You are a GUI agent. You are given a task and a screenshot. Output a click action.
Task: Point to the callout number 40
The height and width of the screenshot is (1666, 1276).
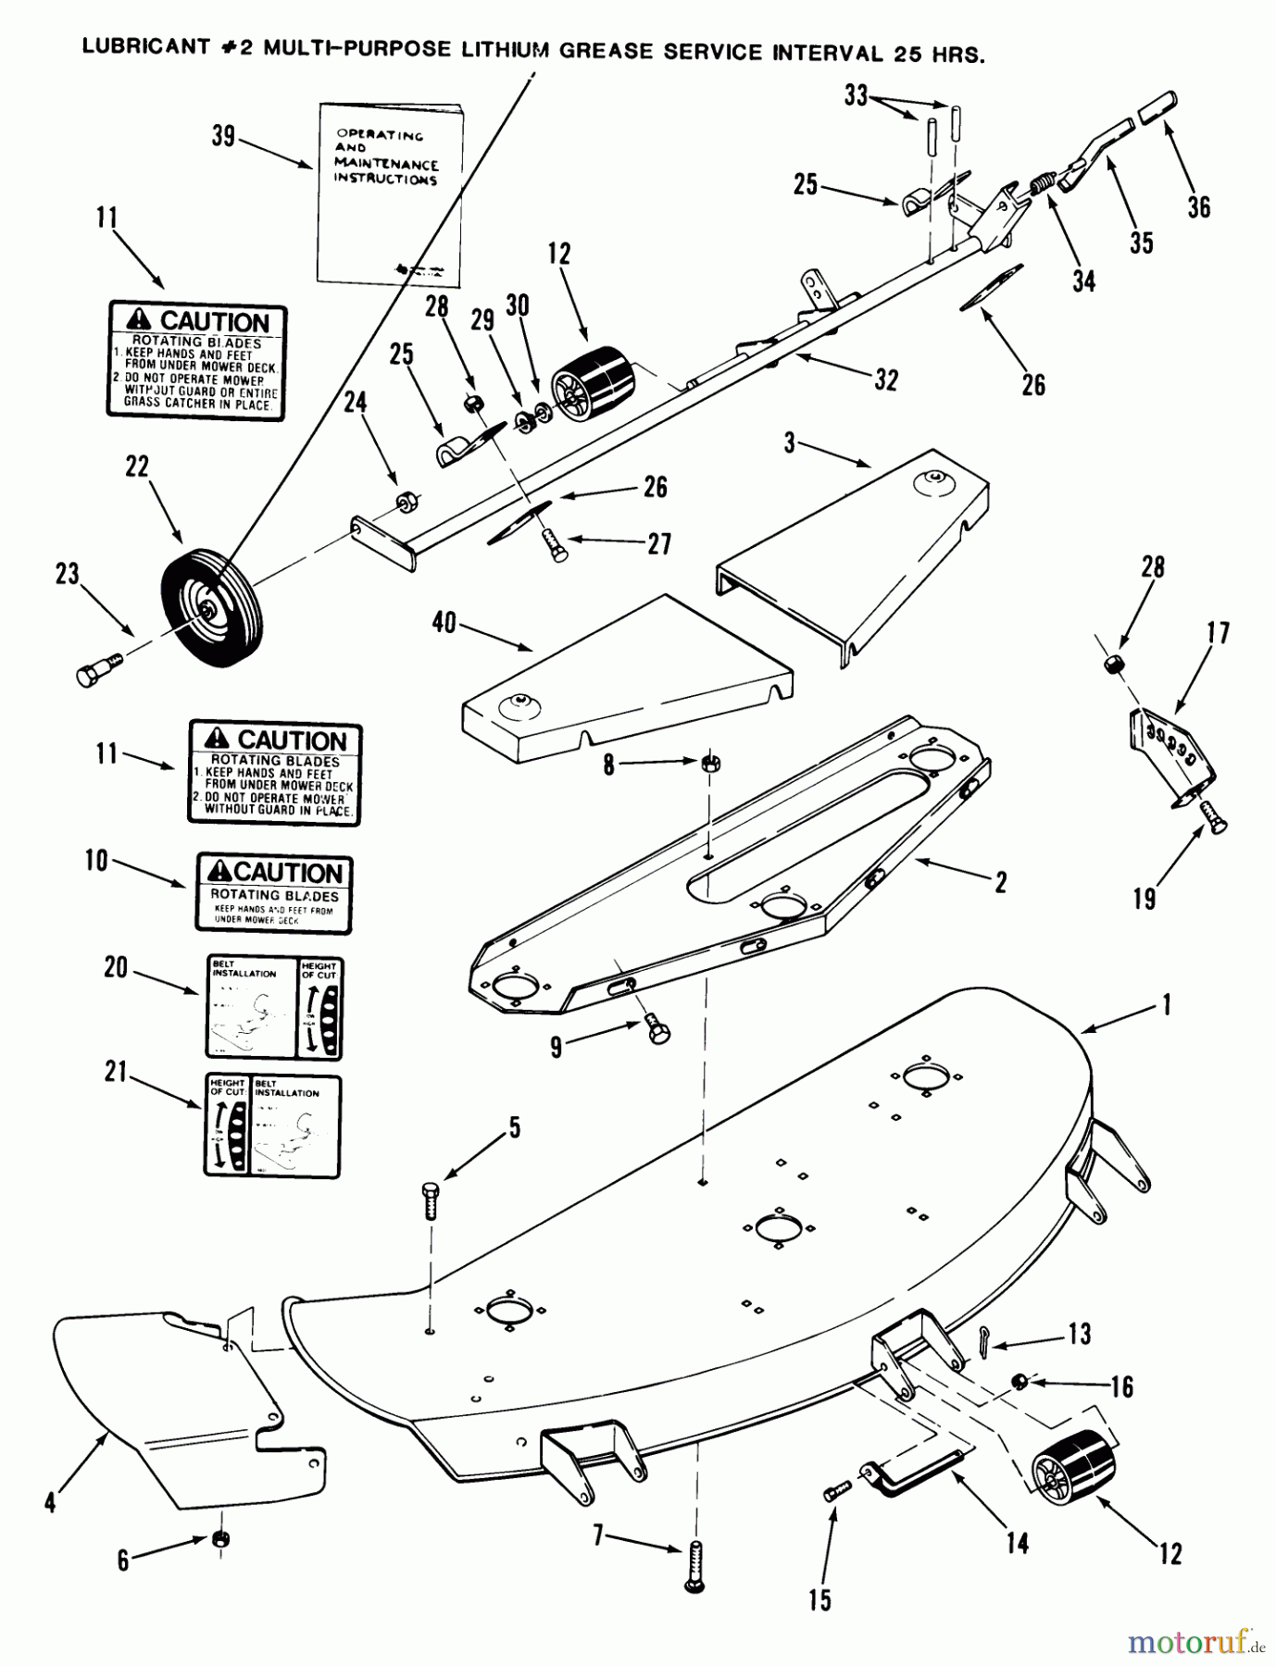444,623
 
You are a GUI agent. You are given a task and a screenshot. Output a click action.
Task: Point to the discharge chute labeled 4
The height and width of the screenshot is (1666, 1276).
176,1398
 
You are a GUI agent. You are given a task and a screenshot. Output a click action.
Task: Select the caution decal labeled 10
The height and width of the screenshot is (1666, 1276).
274,892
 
